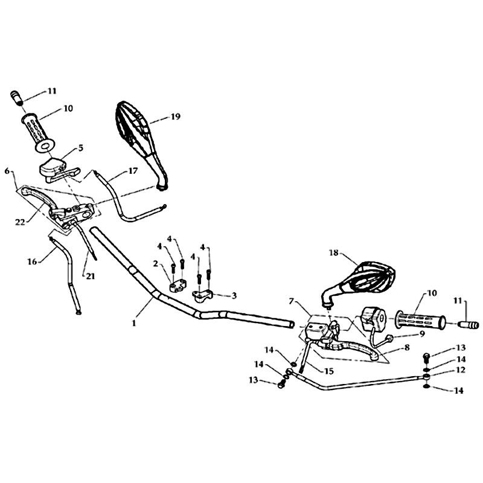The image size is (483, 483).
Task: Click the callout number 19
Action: tap(175, 117)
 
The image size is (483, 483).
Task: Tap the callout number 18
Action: tap(334, 253)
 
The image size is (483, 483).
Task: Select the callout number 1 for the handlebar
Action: tap(134, 324)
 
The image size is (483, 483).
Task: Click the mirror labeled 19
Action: tap(140, 145)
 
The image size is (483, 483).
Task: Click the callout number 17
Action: tap(133, 171)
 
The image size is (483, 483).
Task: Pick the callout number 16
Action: tap(33, 262)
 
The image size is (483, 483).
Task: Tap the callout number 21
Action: tap(90, 277)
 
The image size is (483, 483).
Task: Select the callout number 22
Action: tap(20, 222)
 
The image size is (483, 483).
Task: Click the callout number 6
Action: tap(7, 171)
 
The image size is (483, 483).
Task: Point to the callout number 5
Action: tap(81, 148)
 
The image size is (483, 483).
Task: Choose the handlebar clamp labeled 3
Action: tap(202, 295)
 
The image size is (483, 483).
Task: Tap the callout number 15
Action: tap(329, 371)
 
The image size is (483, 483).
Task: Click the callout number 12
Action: tap(461, 369)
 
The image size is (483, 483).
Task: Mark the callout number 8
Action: tap(407, 348)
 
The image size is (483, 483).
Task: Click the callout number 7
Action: tap(292, 301)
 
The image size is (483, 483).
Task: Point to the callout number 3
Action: tap(234, 296)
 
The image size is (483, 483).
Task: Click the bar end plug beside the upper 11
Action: tap(18, 97)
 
